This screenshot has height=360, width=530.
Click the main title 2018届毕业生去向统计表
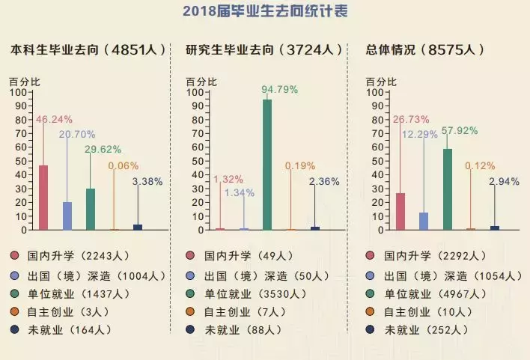[265, 12]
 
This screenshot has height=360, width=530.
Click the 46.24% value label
[55, 119]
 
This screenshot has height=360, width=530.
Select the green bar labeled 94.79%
[266, 164]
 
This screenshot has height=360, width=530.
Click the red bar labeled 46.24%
[43, 197]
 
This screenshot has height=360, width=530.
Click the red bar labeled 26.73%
[400, 211]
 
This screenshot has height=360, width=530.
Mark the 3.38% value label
[147, 181]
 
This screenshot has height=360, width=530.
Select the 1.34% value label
[240, 193]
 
